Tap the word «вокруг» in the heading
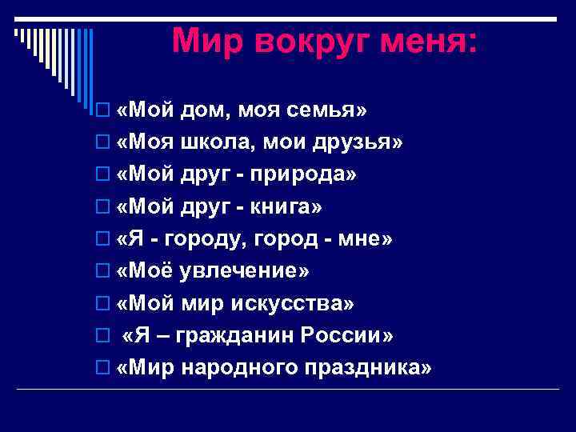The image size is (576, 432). click(x=309, y=40)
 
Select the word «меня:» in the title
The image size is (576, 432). click(x=424, y=40)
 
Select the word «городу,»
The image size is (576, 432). click(x=211, y=239)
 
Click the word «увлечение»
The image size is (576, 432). click(x=241, y=271)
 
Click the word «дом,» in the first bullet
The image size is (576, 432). click(x=204, y=109)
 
